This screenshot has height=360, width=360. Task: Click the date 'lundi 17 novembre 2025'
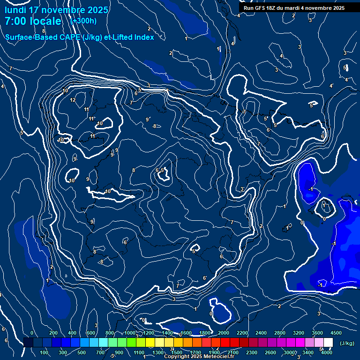[56, 10]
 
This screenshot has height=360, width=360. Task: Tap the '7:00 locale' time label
[33, 21]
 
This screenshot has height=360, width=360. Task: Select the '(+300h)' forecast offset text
[83, 21]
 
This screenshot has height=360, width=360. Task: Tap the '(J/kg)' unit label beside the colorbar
[346, 344]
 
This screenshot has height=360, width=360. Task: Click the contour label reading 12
[73, 100]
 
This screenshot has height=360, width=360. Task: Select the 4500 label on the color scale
[336, 333]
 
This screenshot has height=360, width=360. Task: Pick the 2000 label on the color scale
[224, 333]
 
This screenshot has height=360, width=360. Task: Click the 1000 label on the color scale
[130, 333]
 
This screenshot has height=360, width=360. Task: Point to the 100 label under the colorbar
[44, 352]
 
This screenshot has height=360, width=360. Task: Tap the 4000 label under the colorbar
[327, 352]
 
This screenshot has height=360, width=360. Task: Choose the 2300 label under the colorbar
[252, 352]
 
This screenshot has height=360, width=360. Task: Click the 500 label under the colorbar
[82, 352]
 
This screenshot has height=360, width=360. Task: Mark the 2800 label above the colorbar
[280, 333]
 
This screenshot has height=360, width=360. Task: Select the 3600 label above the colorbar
[317, 333]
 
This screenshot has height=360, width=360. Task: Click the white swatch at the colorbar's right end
[328, 343]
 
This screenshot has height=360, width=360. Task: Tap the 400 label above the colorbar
[72, 333]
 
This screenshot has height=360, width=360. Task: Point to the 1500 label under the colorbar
[176, 352]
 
